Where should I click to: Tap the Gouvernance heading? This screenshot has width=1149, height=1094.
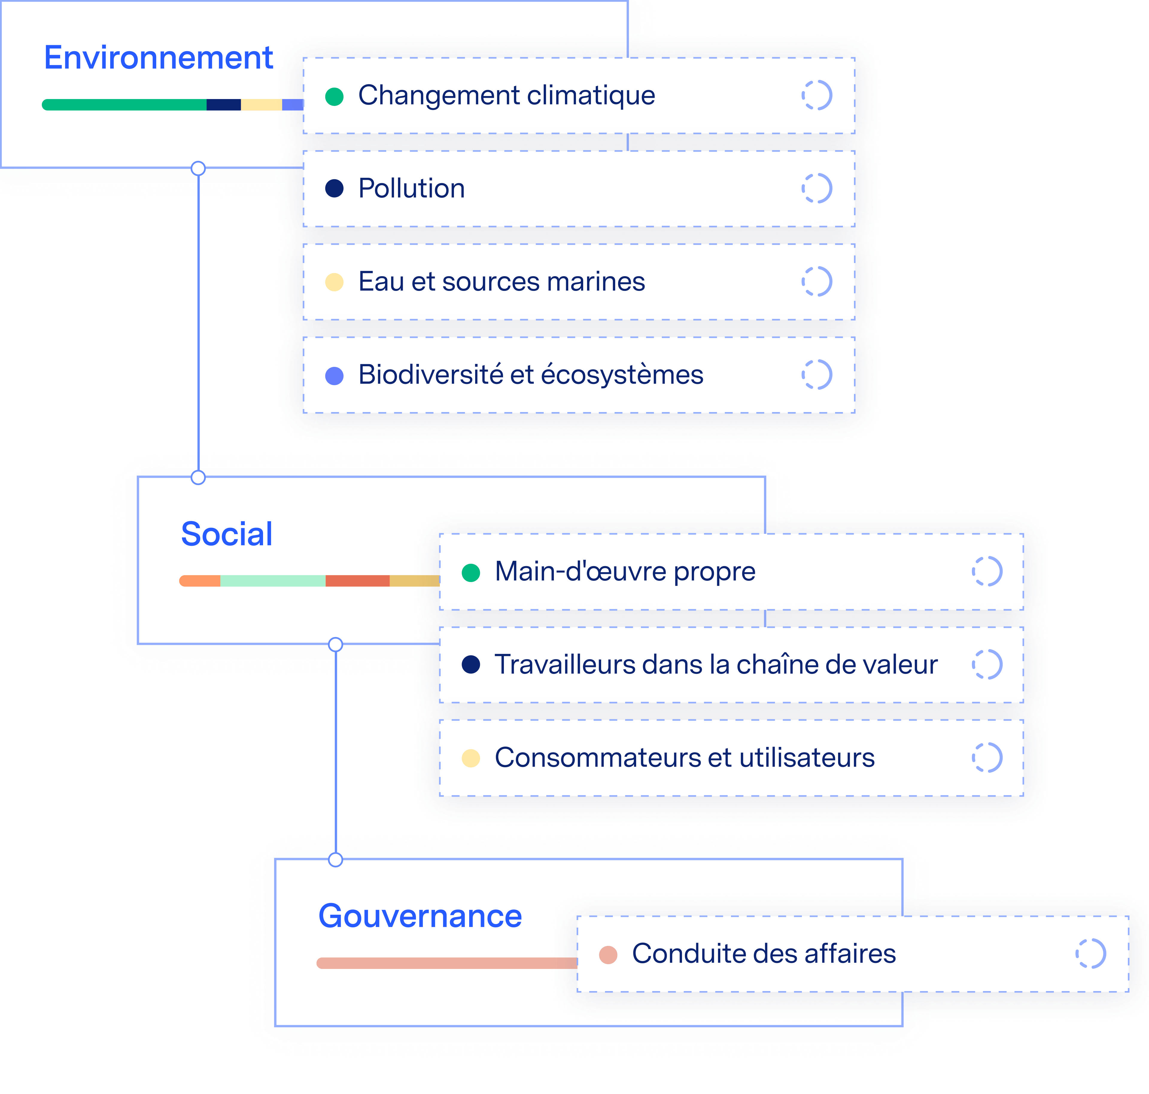coord(420,916)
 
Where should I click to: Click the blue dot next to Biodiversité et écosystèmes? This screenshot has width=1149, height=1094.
coord(334,376)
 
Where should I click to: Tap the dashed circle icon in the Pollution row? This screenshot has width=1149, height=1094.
coord(817,188)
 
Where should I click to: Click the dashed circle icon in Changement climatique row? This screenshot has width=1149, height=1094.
coord(817,95)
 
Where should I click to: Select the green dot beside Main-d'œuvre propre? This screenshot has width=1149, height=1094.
coord(471,573)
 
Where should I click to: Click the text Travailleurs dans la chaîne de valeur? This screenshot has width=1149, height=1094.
coord(716,665)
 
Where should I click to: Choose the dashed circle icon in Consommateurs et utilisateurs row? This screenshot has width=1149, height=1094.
coord(987,758)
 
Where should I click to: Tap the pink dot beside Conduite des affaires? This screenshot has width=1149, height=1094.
coord(608,955)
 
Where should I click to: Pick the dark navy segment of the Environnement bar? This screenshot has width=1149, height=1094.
coord(224,105)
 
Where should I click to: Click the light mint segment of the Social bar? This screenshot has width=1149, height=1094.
coord(272,581)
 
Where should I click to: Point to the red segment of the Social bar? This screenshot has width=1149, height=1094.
coord(357,581)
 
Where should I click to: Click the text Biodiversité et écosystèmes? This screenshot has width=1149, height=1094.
coord(531,375)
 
